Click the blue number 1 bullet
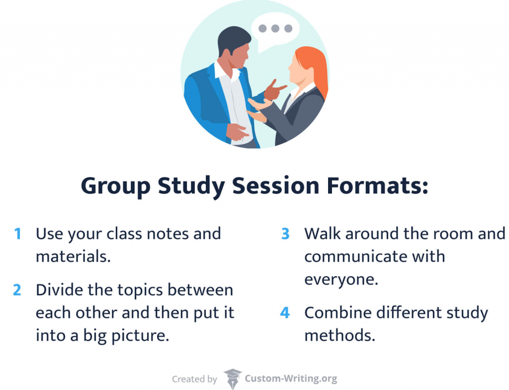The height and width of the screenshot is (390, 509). [x=18, y=234]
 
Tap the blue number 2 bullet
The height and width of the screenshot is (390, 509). [x=17, y=290]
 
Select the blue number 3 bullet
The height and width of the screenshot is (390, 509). [x=285, y=234]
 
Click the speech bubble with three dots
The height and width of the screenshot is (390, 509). [x=275, y=28]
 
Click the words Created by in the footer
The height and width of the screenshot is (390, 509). [x=194, y=379]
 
